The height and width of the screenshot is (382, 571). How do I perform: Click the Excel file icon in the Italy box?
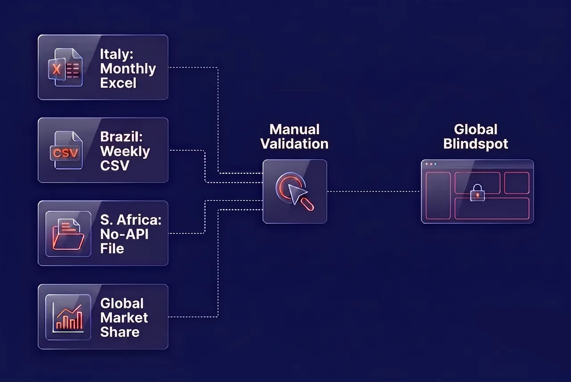click(65, 67)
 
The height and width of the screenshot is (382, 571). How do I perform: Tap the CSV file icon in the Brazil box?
click(66, 150)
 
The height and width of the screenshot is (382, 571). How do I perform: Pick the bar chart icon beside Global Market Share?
click(68, 317)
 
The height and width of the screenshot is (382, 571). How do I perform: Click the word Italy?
click(116, 54)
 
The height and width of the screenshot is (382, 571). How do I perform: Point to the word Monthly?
click(128, 69)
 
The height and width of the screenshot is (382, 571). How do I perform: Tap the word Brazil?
click(121, 136)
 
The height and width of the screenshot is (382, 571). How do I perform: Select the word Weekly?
click(125, 152)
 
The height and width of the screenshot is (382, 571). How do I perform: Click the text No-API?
click(124, 234)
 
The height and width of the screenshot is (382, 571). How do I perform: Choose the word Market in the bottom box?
click(124, 317)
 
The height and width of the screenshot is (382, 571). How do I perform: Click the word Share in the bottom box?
click(120, 332)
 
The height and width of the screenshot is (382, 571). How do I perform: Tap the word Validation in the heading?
click(294, 144)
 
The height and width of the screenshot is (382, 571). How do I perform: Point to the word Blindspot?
click(476, 144)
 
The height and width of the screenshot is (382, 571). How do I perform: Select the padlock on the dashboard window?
click(477, 193)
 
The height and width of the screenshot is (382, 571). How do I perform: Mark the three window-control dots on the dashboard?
click(431, 164)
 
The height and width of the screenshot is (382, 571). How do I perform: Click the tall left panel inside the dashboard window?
click(438, 196)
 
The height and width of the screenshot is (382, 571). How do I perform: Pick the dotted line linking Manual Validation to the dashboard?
click(374, 192)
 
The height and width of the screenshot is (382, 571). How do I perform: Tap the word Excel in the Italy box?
click(118, 83)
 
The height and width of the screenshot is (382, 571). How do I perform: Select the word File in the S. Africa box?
click(112, 249)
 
